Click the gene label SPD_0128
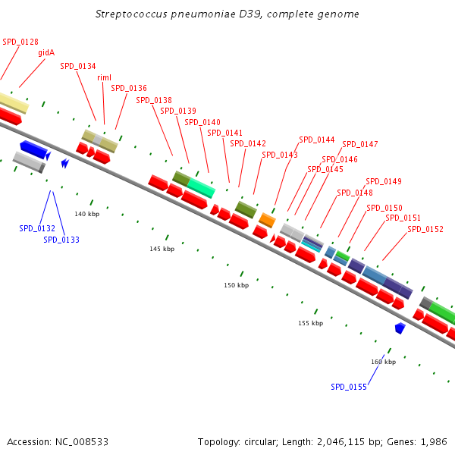(20, 42)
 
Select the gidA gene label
(46, 53)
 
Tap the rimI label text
(105, 77)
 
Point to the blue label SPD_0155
(349, 387)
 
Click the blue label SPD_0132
(37, 228)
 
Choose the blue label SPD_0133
(61, 240)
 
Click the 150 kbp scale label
(236, 285)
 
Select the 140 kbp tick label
(86, 214)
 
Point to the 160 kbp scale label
(383, 362)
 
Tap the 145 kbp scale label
(162, 249)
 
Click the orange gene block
(267, 220)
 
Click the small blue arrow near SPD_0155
(400, 328)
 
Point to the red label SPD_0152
(425, 229)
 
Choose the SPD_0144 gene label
(316, 140)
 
